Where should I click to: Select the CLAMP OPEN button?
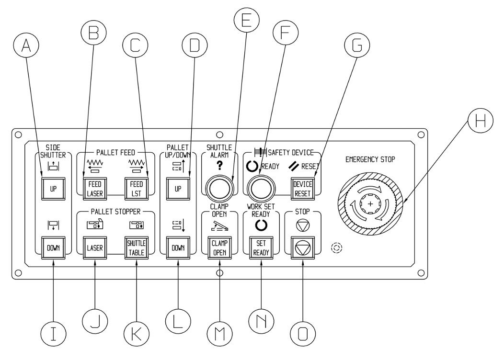219,247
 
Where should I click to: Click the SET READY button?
261,247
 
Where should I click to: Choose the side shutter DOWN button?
53,247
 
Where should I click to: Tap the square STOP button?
303,247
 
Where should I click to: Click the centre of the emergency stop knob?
370,204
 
